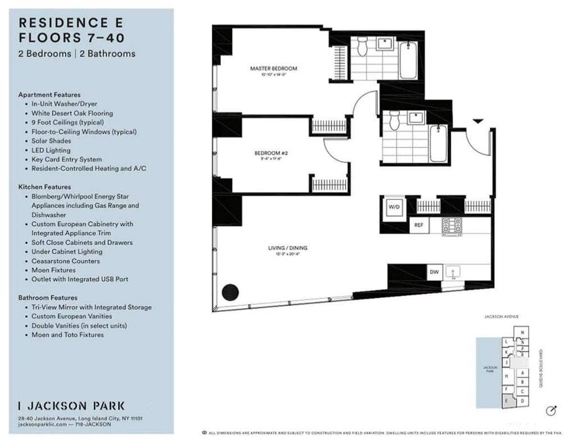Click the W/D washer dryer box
point(393,207)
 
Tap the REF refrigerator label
point(418,225)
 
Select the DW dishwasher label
point(434,272)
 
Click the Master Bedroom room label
point(273,69)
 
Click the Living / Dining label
point(287,248)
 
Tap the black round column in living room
point(230,292)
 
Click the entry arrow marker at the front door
point(477,121)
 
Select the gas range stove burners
point(451,225)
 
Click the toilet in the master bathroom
point(362,47)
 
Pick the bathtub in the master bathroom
point(408,60)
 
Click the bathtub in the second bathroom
point(438,144)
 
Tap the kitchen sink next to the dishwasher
point(453,272)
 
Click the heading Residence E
point(71,23)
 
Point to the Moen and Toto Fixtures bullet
point(67,335)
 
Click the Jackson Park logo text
point(71,406)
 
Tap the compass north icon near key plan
point(551,411)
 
